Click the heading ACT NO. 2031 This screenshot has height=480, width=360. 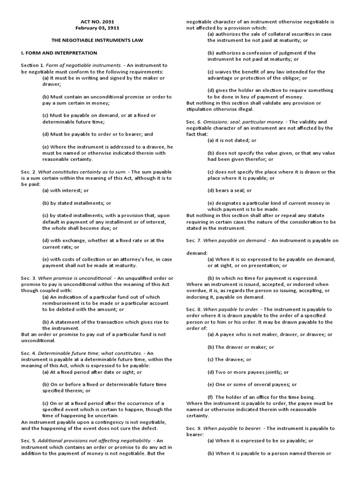(x=94, y=22)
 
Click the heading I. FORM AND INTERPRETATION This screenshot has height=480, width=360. (x=59, y=53)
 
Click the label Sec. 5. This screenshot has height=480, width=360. (x=29, y=441)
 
